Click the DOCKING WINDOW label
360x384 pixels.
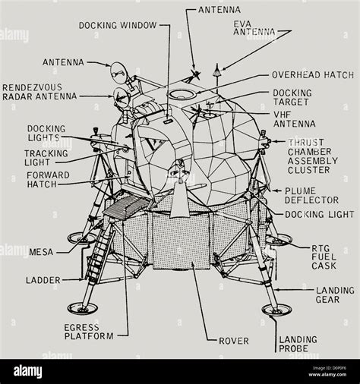click(117, 25)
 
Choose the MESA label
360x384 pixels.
click(41, 251)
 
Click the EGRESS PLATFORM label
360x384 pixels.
click(89, 331)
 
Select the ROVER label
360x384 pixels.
click(233, 341)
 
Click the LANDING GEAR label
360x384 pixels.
click(334, 294)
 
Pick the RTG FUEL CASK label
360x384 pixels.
click(324, 257)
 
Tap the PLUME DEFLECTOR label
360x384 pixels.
click(311, 195)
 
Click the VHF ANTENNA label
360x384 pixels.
click(292, 118)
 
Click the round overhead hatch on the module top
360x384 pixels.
click(182, 94)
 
